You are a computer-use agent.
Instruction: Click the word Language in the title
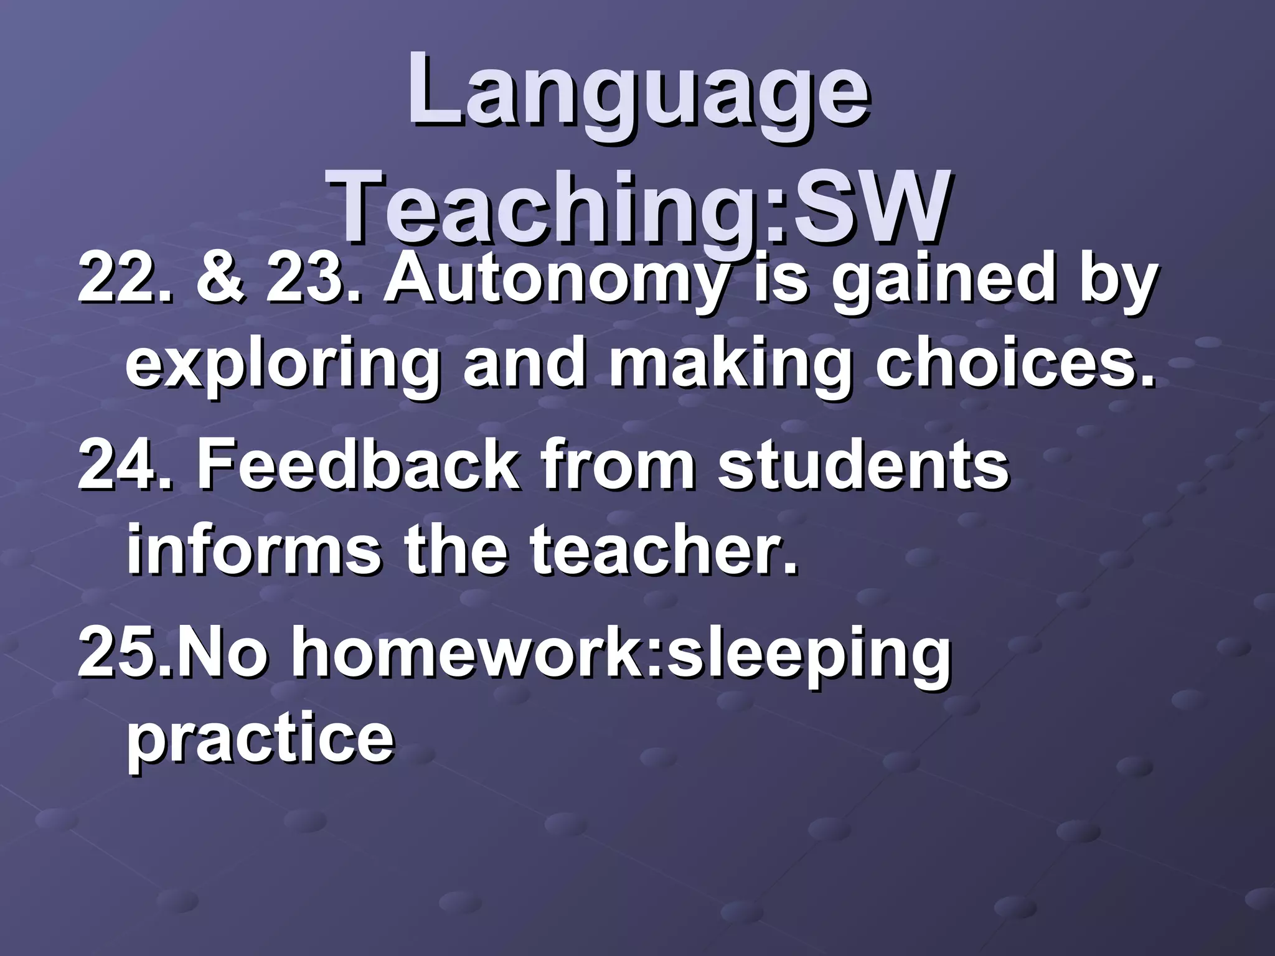click(x=637, y=93)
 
